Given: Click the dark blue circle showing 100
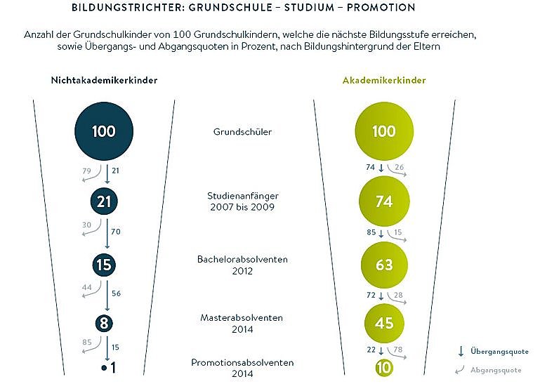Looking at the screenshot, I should click(x=104, y=131).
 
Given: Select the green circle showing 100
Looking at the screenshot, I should click(x=383, y=131).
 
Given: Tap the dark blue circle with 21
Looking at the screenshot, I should click(x=104, y=202).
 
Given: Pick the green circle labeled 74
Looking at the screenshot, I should click(x=383, y=202).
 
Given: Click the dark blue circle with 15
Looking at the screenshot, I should click(x=104, y=265).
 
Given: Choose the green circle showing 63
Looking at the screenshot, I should click(x=383, y=265).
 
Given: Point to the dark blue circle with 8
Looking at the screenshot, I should click(x=104, y=324).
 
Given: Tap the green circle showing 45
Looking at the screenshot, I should click(x=383, y=324).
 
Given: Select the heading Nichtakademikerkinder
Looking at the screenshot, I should click(x=104, y=80).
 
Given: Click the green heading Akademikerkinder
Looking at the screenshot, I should click(x=384, y=80).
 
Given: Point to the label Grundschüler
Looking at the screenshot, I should click(x=242, y=131).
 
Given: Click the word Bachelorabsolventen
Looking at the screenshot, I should click(x=242, y=260).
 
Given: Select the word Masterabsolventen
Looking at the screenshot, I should click(x=242, y=318).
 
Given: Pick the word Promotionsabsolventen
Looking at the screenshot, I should click(x=242, y=362).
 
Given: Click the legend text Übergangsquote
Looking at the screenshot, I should click(x=500, y=352).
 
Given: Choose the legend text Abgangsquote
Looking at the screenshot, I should click(x=497, y=370).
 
